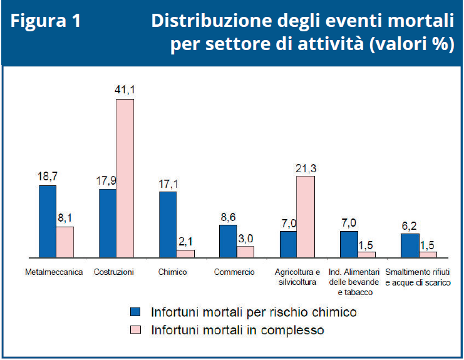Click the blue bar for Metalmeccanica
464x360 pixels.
pos(48,221)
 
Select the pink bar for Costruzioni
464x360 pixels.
pos(125,178)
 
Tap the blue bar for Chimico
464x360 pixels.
pos(168,224)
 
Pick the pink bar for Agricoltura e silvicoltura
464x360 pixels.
pos(306,216)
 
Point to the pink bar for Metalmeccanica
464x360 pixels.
pos(65,242)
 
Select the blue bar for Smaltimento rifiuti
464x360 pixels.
pos(410,245)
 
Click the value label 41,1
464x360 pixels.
pos(125,90)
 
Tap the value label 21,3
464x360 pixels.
pos(306,167)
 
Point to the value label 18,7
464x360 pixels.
pos(48,177)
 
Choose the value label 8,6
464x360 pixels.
pos(228,217)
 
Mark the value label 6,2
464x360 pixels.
pos(410,225)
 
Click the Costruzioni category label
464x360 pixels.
pos(114,272)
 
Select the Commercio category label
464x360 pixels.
pos(234,272)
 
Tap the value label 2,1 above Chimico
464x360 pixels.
pos(186,241)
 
